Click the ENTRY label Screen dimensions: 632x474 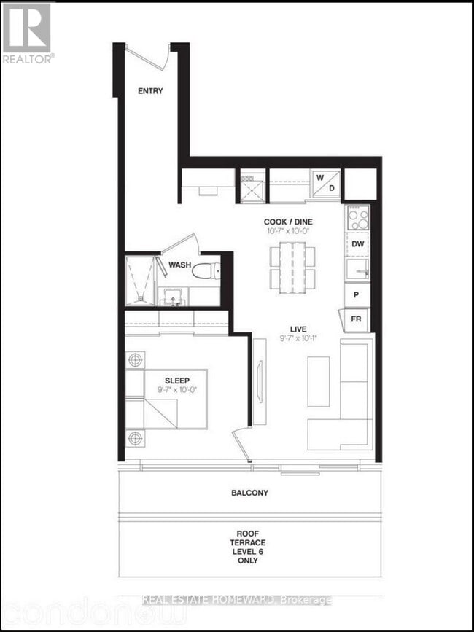pos(150,91)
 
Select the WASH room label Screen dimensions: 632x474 pos(180,265)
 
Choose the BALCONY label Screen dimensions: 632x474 pos(249,493)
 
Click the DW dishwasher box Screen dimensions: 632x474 pos(357,244)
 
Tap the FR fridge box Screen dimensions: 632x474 pos(357,319)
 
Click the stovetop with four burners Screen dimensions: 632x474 pos(357,216)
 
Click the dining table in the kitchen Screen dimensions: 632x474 pos(292,267)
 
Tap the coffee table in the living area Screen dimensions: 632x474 pos(319,381)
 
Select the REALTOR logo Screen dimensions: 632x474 pos(28,33)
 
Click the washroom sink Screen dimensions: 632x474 pos(174,296)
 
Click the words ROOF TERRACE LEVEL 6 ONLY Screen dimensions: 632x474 pos(249,547)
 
